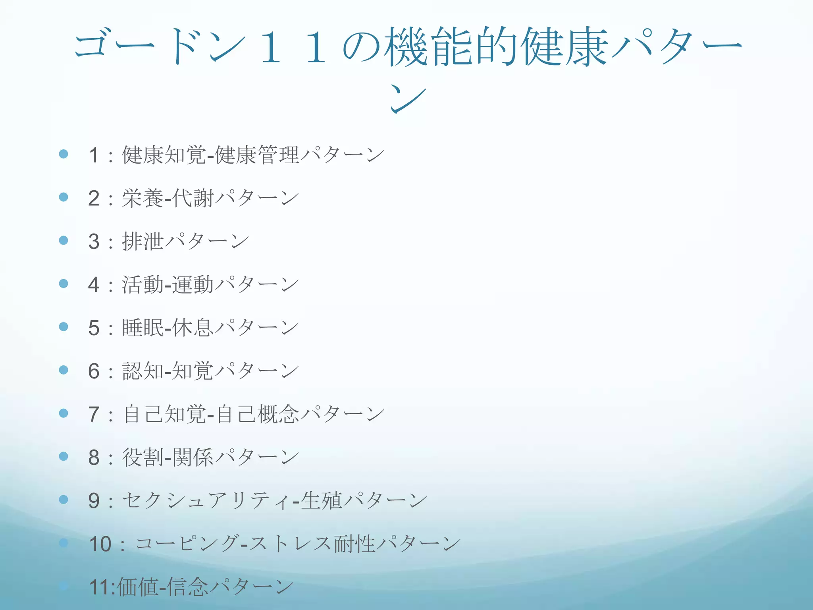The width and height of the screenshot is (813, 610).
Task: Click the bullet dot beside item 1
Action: tap(64, 154)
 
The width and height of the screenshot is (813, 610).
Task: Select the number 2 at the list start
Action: tap(94, 198)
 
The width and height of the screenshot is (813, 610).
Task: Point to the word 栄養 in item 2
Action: tap(143, 198)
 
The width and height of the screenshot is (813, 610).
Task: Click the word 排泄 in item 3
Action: tap(143, 241)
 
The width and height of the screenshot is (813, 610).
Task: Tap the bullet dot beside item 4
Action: tap(64, 284)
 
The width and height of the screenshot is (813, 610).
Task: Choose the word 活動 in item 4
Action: tap(143, 285)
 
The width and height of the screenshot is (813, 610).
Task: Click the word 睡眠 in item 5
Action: tap(143, 328)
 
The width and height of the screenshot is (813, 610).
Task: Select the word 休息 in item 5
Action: tap(193, 328)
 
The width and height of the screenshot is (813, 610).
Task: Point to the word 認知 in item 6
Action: tap(143, 371)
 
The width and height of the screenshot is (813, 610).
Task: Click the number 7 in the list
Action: tap(94, 414)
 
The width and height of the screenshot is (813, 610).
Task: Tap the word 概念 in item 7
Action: tap(278, 414)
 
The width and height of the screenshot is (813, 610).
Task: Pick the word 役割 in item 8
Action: tap(143, 457)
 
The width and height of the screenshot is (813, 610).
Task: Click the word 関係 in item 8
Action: tap(193, 457)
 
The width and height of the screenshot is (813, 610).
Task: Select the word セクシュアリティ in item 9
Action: tap(206, 500)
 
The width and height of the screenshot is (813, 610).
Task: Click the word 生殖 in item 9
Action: tap(321, 500)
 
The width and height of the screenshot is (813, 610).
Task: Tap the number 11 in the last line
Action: tap(100, 587)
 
